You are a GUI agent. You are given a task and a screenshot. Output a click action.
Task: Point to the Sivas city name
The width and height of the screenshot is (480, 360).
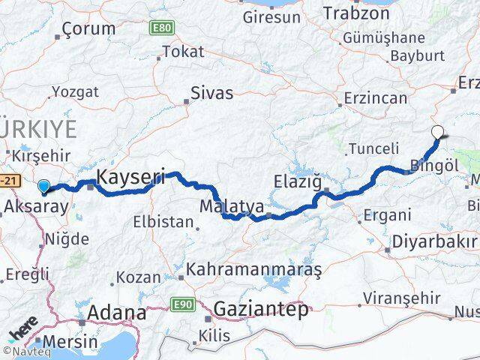212,94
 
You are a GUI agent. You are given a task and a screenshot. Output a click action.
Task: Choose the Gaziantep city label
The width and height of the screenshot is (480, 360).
260,308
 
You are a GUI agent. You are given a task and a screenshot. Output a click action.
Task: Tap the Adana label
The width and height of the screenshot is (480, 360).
117,313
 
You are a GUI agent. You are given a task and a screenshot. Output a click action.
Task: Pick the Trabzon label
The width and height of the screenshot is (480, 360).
352,13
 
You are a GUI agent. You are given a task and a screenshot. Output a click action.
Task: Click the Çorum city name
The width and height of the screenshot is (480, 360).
86,29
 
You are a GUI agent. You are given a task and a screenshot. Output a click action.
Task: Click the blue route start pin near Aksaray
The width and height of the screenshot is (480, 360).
44,187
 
